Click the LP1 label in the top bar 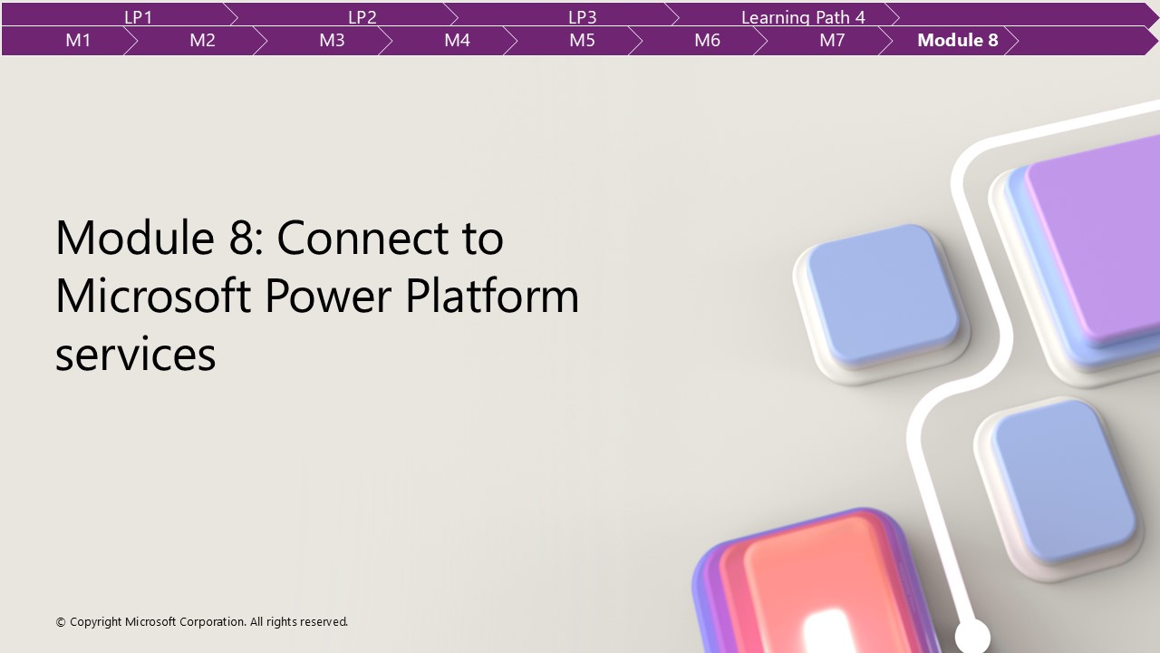[x=138, y=16]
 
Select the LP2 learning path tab [x=362, y=16]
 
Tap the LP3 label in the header [x=582, y=16]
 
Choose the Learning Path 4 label [x=803, y=16]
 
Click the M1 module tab [x=78, y=40]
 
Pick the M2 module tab [x=202, y=40]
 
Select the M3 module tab [x=332, y=40]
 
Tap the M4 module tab [x=457, y=40]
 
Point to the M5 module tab [x=582, y=40]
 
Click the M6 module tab [x=707, y=40]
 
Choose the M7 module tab [x=832, y=40]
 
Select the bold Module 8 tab [x=957, y=40]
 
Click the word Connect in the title [x=390, y=238]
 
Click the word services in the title [x=135, y=354]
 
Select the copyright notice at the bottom [x=201, y=622]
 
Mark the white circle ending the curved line [x=971, y=635]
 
